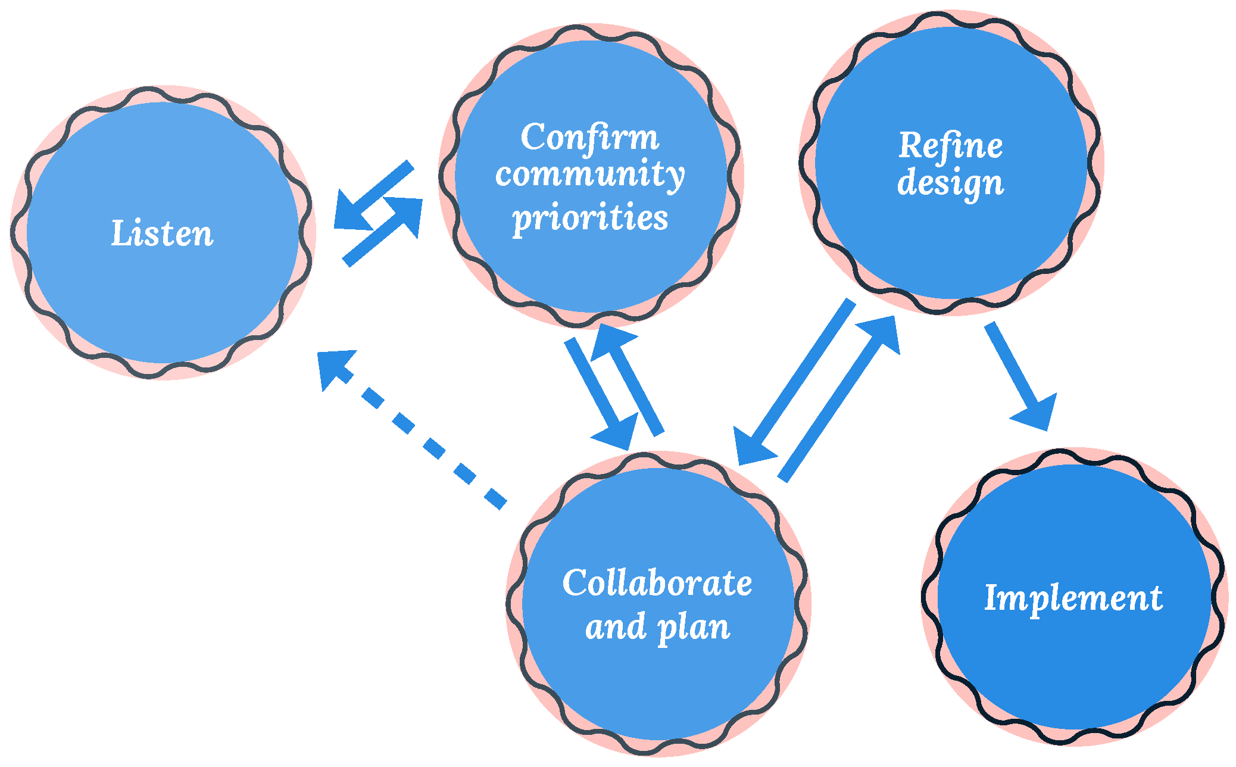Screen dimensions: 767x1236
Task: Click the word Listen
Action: tap(162, 233)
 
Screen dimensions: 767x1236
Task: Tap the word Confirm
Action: tap(589, 138)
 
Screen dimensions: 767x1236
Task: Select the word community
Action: tap(589, 175)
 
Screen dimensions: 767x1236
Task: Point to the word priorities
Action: tap(589, 217)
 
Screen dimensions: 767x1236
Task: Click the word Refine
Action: tap(950, 146)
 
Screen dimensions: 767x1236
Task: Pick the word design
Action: tap(950, 183)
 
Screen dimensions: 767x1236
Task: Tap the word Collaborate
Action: tap(657, 583)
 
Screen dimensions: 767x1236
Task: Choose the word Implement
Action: tap(1073, 598)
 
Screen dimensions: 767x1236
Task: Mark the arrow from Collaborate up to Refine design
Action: tap(839, 399)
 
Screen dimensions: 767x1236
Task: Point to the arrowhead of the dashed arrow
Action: tap(333, 366)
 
